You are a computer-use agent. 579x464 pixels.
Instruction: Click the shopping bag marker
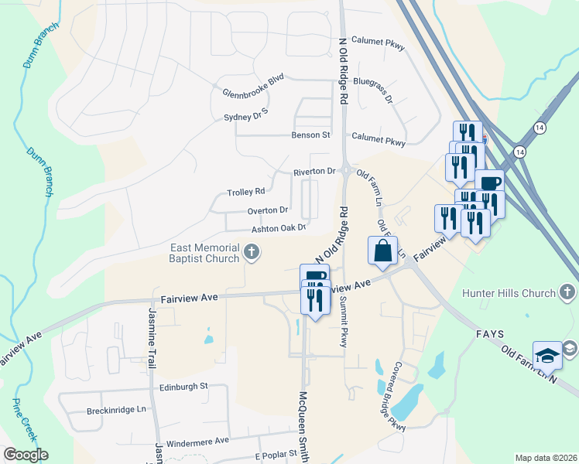pos(383,251)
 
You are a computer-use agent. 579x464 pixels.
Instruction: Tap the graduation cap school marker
pos(546,355)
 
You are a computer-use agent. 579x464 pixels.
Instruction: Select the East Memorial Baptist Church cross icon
pos(251,251)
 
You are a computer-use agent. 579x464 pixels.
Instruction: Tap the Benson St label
pos(310,135)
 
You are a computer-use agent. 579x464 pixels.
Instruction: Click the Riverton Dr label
pos(313,172)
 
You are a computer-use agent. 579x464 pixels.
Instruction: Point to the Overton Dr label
pos(268,210)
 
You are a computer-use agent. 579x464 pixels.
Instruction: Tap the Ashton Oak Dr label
pos(279,228)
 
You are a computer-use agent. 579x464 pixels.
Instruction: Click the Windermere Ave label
pos(198,441)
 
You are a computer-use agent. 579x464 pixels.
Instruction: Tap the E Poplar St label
pos(276,454)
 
